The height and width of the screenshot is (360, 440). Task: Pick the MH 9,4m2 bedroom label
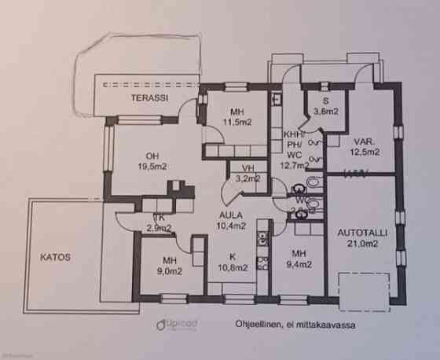pos(299,259)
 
